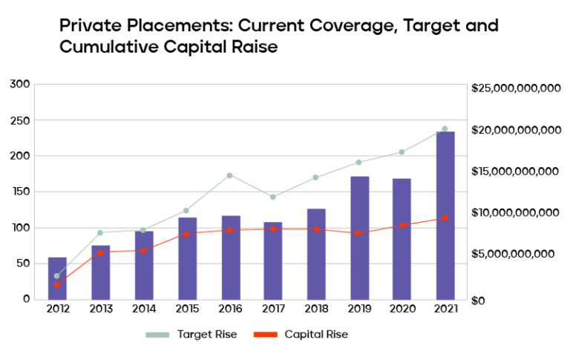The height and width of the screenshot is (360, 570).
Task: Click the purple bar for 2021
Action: click(445, 215)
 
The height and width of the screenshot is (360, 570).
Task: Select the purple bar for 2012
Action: click(57, 278)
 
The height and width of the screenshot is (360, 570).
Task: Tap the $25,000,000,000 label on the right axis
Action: click(516, 88)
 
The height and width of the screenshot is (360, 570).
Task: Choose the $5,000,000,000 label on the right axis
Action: click(512, 254)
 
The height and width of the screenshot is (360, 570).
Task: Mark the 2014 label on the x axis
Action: click(143, 309)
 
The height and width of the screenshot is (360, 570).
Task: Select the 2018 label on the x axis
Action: click(316, 309)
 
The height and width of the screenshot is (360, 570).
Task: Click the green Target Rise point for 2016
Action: click(230, 175)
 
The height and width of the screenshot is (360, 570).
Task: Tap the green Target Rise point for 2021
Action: click(445, 129)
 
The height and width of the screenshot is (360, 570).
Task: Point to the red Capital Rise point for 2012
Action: click(57, 284)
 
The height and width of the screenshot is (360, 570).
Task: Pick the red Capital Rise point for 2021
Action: click(445, 218)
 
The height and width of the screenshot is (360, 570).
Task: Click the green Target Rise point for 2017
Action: click(273, 197)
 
